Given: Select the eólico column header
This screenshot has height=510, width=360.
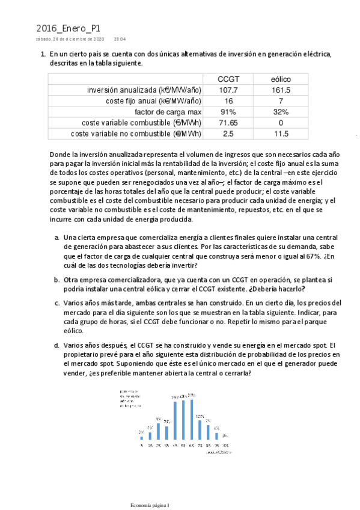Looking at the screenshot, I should point(280,79).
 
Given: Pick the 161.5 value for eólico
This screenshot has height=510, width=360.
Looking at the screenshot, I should point(280,90).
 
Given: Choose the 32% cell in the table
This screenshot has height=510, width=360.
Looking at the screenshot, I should point(280,112).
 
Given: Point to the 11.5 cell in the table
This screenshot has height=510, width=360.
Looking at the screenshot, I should point(280,134).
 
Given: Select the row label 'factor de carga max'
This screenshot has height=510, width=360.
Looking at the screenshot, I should point(168,112).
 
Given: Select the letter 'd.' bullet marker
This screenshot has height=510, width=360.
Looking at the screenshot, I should point(56,345).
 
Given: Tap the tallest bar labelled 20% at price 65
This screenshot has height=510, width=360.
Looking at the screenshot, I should point(191,420).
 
